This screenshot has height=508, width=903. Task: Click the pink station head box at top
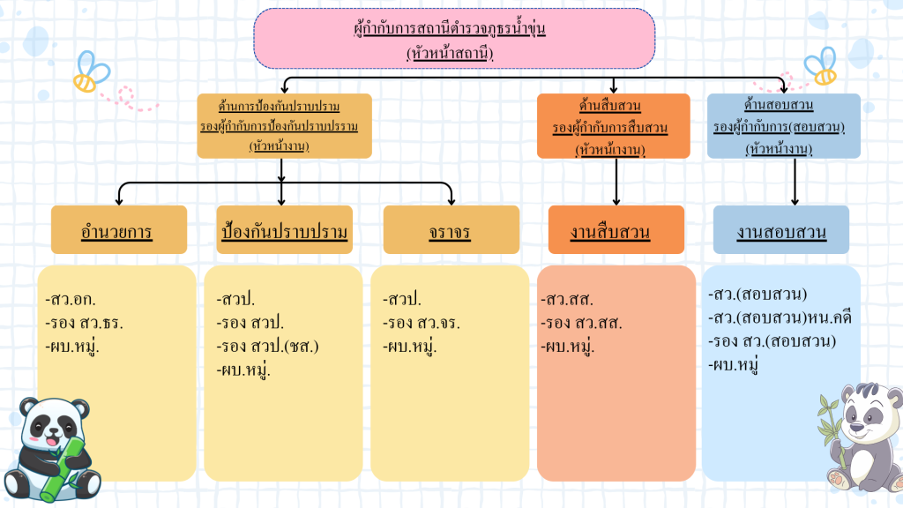[x=454, y=39]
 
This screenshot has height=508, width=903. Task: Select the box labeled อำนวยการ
[x=119, y=230]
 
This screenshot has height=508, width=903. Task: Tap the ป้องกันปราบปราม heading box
[x=284, y=230]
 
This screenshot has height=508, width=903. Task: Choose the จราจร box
[x=450, y=230]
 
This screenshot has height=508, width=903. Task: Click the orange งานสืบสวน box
[x=616, y=230]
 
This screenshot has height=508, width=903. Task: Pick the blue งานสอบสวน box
[x=780, y=230]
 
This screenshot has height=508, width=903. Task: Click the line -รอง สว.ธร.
[x=84, y=323]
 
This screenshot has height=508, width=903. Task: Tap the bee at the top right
[x=820, y=63]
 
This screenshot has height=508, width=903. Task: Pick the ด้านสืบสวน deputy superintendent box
[x=613, y=126]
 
